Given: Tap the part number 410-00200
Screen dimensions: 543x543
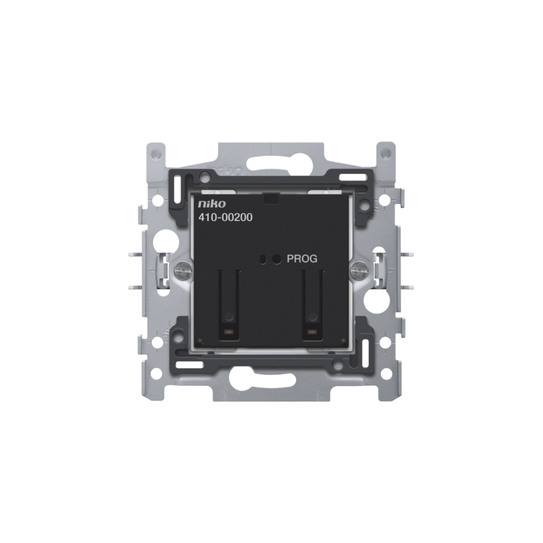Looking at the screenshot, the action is (225, 218).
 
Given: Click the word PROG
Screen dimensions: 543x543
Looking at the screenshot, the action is (302, 258).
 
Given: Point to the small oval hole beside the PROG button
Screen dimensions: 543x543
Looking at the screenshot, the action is (264, 258).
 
